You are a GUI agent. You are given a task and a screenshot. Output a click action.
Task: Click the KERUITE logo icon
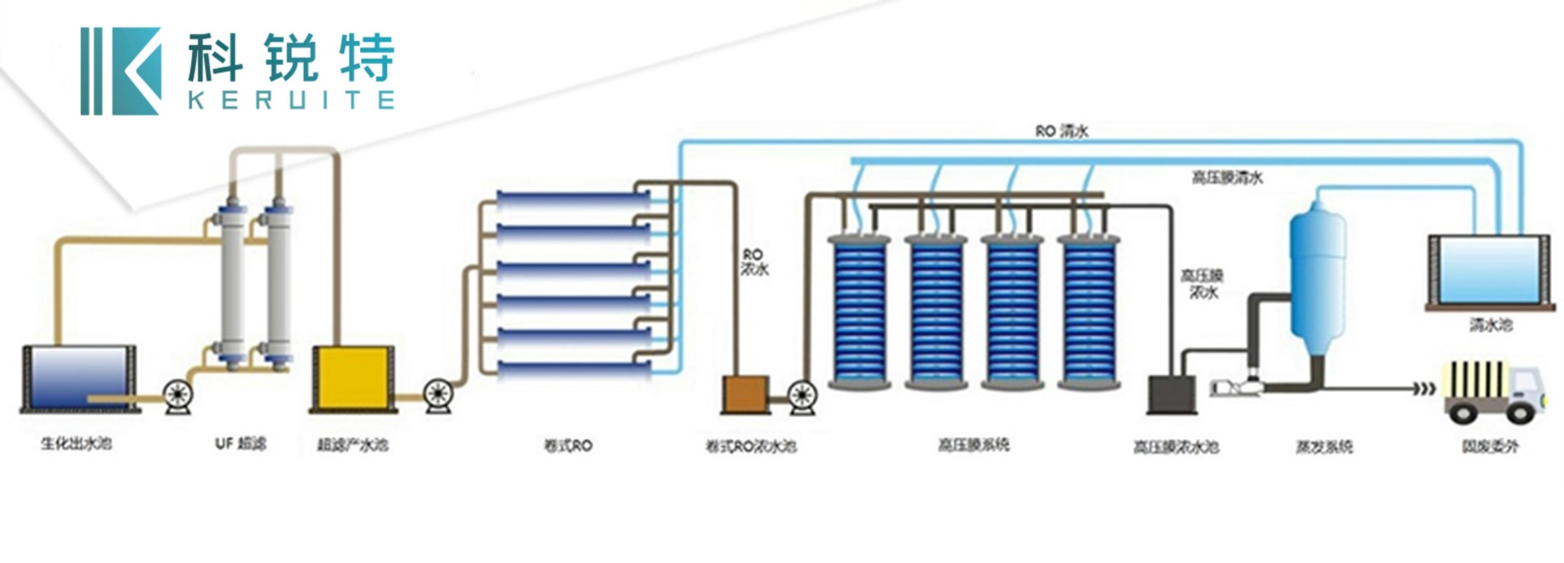pyautogui.click(x=120, y=71)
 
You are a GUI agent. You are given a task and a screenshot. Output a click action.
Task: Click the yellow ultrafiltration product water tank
pyautogui.click(x=352, y=376)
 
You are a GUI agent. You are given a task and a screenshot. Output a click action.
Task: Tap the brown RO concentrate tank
pyautogui.click(x=746, y=394)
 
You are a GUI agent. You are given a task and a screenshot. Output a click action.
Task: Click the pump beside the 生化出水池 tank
pyautogui.click(x=178, y=397)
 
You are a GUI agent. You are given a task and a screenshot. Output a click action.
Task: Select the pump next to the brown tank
pyautogui.click(x=802, y=396)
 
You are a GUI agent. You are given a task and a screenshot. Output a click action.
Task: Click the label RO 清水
pyautogui.click(x=1061, y=131)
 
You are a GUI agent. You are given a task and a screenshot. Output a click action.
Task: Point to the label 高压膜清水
pyautogui.click(x=1226, y=177)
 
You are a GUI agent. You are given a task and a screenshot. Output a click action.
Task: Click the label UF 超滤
pyautogui.click(x=241, y=444)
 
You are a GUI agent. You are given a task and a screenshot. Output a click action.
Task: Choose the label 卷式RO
pyautogui.click(x=568, y=445)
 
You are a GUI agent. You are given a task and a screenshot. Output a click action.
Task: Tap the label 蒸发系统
pyautogui.click(x=1323, y=446)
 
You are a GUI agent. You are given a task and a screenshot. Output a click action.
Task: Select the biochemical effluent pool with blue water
pyautogui.click(x=78, y=377)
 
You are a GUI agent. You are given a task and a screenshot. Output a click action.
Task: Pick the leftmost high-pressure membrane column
pyautogui.click(x=859, y=311)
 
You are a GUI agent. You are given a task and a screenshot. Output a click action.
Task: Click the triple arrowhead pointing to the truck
pyautogui.click(x=1424, y=389)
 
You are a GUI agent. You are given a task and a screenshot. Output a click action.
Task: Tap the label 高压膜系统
pyautogui.click(x=974, y=444)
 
